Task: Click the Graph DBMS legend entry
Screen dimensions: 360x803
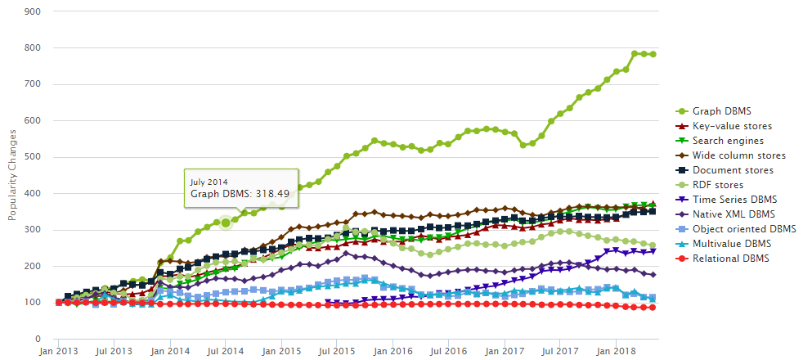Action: click(721, 111)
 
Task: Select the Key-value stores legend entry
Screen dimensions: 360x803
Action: click(732, 126)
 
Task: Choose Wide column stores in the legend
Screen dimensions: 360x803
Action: click(738, 155)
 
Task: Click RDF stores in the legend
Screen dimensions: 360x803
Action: click(718, 185)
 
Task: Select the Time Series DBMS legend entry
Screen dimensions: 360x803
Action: click(733, 200)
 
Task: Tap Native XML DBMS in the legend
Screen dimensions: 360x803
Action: click(733, 214)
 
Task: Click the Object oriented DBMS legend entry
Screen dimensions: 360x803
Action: click(744, 229)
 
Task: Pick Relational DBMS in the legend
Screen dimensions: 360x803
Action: click(730, 259)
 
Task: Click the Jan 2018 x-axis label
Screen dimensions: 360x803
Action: click(614, 351)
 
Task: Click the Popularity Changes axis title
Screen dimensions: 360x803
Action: click(12, 175)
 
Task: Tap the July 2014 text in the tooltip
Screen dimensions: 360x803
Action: click(209, 182)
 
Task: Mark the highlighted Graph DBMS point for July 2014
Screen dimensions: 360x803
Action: click(226, 223)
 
